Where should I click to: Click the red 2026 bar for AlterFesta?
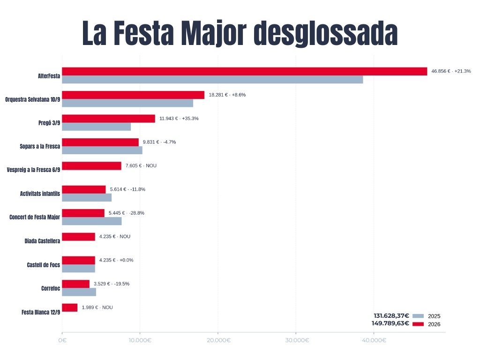coord(244,71)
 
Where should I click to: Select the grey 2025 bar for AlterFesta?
coord(212,79)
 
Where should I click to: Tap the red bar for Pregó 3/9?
coord(109,119)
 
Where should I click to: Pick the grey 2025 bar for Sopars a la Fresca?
coord(102,150)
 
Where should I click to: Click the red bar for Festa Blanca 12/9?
coord(70,307)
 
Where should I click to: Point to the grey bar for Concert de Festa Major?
coord(92,221)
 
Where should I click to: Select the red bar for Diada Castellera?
coord(79,237)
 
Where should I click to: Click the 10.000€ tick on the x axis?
coord(140,340)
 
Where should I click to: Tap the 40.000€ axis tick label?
coord(374,340)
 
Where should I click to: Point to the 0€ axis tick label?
coord(62,340)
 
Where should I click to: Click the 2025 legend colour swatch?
coord(418,316)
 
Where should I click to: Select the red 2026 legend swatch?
coord(418,324)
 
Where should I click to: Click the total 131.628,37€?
coord(391,315)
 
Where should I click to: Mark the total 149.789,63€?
coord(390,323)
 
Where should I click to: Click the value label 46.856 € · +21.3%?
coord(451,71)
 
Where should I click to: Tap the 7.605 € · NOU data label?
coord(141,165)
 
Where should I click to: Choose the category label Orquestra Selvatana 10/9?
coord(33,99)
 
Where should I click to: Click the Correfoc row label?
coord(51,288)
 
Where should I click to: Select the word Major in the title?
coord(214,33)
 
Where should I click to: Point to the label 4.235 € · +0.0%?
coord(116,260)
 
